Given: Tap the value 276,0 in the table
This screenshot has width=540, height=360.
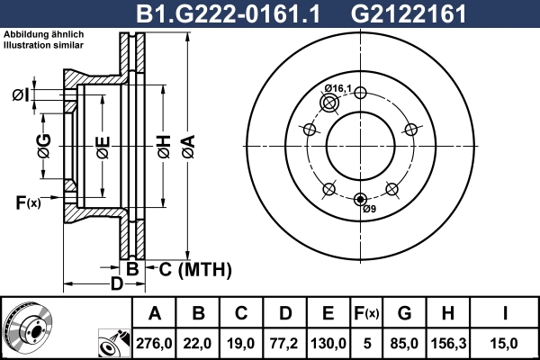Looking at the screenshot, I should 155,342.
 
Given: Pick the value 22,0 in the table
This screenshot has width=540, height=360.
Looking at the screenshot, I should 199,342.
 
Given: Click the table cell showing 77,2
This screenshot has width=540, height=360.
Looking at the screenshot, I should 285,342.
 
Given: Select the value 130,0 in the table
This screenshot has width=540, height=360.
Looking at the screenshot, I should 328,342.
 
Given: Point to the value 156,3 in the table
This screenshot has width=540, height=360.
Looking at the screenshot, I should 447,342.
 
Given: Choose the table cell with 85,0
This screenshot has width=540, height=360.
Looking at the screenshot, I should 404,342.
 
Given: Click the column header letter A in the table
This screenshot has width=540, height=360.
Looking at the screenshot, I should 155,313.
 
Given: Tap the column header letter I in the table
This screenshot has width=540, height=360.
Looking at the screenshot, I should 504,313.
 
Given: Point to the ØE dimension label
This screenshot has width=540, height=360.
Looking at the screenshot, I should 103,144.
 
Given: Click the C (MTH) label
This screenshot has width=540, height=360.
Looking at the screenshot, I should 189,269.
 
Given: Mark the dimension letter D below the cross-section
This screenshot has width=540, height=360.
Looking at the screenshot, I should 116,284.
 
